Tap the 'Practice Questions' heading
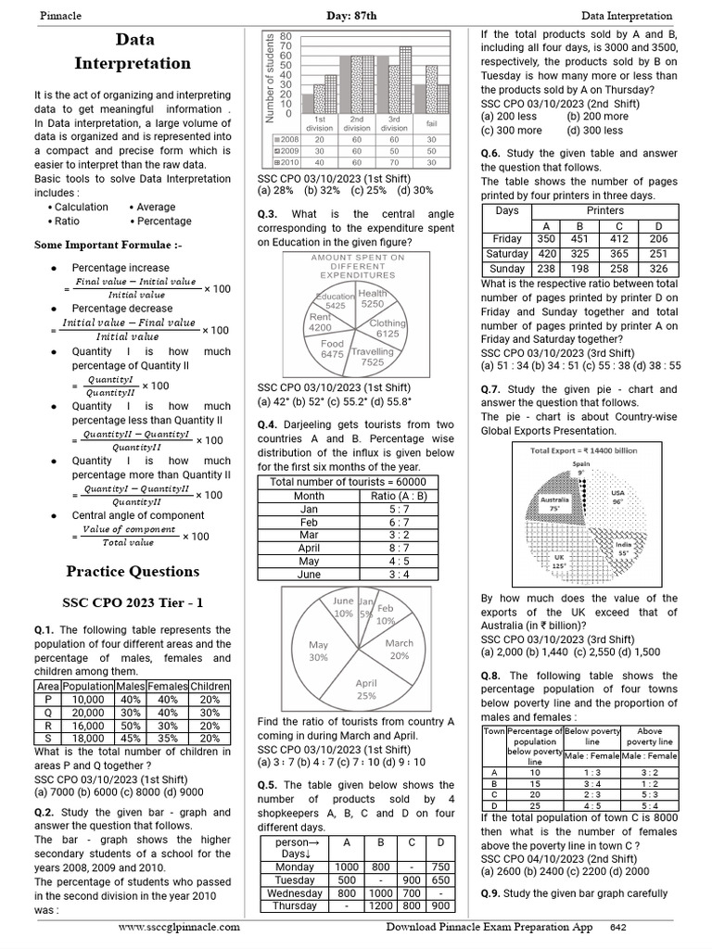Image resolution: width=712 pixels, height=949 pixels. pos(133,571)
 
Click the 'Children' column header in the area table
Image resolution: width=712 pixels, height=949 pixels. pos(210,687)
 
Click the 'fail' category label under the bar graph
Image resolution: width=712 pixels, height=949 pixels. pos(432,123)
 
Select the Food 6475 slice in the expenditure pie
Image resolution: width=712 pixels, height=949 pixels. pos(332,348)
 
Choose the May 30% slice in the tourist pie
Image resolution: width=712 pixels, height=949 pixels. pos(318,650)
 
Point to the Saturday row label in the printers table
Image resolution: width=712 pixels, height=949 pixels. pos(507,253)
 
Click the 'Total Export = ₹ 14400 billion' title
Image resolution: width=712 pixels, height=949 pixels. pos(583,450)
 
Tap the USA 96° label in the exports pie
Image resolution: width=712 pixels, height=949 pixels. pos(617,498)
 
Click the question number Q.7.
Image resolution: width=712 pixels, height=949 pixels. pos(492,390)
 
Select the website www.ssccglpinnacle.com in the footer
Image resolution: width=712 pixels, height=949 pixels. pos(179,927)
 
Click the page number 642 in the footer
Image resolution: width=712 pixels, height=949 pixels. pos(618,927)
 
